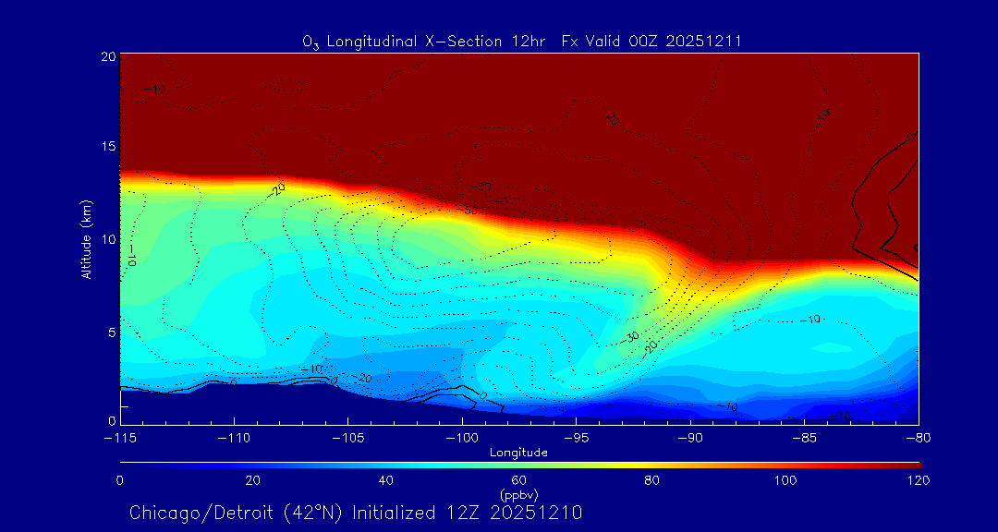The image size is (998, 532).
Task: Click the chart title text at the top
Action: point(522,41)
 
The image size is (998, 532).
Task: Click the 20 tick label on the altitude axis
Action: point(108,56)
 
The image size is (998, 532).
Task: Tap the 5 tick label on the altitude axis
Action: point(110,332)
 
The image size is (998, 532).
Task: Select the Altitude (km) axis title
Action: point(87,239)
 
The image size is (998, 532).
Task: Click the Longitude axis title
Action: point(518,452)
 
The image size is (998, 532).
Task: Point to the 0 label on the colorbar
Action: point(120,480)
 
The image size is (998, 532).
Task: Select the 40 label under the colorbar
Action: point(386,480)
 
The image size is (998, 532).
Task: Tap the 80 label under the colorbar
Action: point(652,480)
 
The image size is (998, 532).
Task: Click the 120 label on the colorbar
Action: point(919,480)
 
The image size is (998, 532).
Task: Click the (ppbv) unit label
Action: point(518,495)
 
